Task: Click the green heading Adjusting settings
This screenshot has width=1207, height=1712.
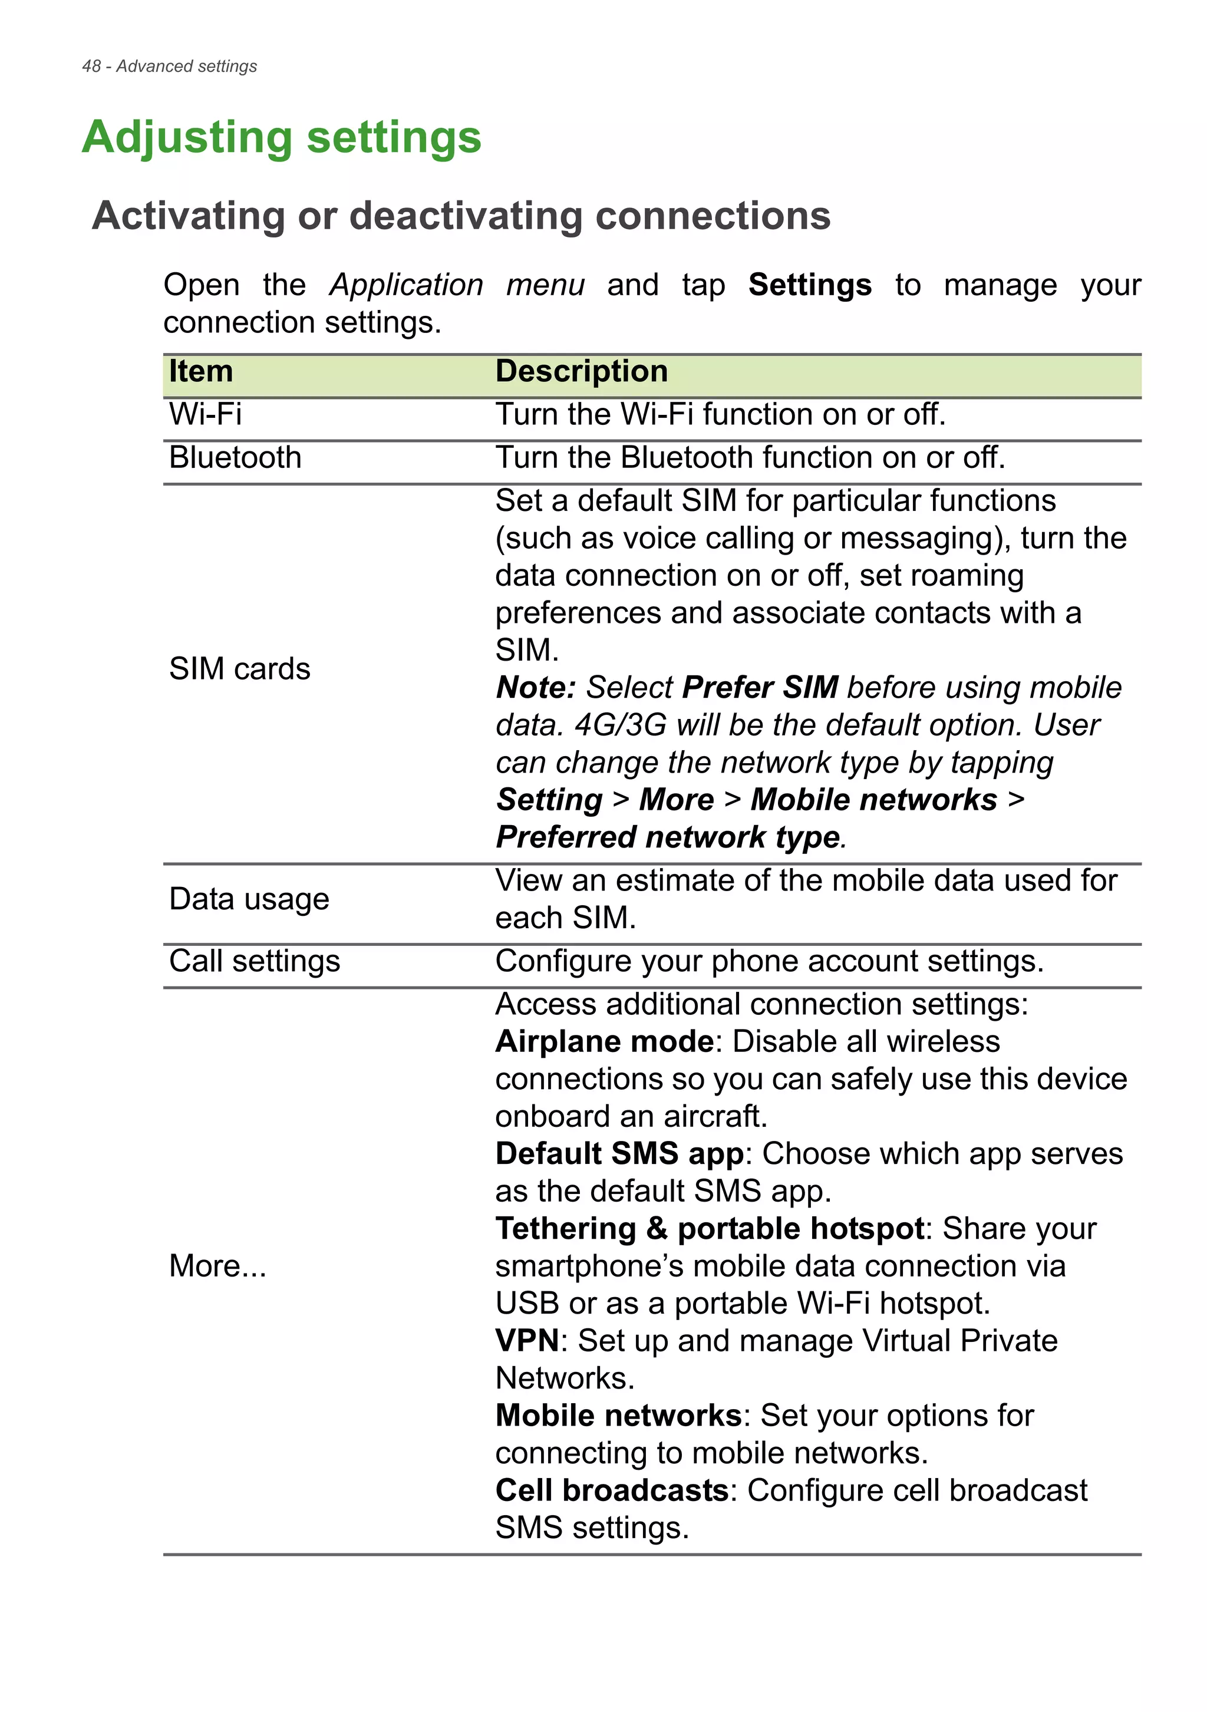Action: (x=281, y=138)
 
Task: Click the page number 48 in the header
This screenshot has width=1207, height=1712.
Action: (x=91, y=67)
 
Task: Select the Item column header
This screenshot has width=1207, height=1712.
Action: (x=200, y=371)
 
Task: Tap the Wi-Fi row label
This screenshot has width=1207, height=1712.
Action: (x=205, y=414)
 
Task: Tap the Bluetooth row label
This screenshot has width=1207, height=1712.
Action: (x=235, y=458)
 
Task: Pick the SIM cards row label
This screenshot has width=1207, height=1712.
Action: (x=239, y=669)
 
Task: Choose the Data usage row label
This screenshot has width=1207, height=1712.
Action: (x=249, y=899)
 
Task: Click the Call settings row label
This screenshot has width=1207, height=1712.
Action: (x=254, y=961)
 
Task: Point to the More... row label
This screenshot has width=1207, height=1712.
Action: (x=217, y=1266)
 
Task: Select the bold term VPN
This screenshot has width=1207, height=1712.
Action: (x=527, y=1341)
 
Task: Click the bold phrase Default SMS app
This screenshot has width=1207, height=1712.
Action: (x=619, y=1153)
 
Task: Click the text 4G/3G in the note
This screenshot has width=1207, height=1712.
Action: (x=619, y=725)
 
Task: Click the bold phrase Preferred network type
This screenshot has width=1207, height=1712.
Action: (x=668, y=837)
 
